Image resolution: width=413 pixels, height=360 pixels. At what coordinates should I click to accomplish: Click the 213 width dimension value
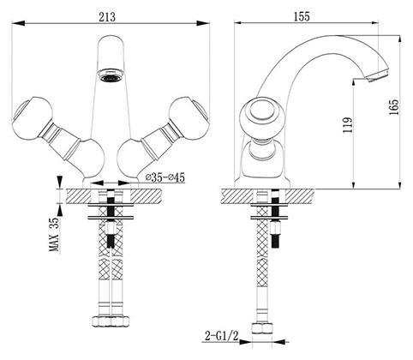(107, 17)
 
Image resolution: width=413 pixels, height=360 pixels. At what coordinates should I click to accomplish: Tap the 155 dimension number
(302, 16)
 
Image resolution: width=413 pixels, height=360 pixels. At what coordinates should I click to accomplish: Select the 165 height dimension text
(393, 107)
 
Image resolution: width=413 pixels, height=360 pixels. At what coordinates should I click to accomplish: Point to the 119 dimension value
(348, 125)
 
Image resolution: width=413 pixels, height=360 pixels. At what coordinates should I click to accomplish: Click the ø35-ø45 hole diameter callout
(165, 177)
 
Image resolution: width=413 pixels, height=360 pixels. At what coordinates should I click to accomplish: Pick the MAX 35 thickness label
(54, 234)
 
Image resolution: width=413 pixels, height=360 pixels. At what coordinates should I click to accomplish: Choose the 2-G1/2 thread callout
(222, 336)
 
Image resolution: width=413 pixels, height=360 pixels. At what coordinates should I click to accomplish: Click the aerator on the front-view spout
(111, 75)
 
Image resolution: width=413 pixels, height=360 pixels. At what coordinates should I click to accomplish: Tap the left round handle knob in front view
(33, 118)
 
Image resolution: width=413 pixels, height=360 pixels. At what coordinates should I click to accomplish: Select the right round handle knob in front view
(189, 118)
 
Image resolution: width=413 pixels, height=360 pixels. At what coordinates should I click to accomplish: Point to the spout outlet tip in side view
(378, 75)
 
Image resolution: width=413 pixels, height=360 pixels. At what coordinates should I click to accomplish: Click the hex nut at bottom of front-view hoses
(111, 321)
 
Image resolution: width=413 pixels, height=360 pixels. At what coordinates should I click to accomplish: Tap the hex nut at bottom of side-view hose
(262, 328)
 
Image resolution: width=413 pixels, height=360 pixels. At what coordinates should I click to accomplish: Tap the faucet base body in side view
(262, 165)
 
